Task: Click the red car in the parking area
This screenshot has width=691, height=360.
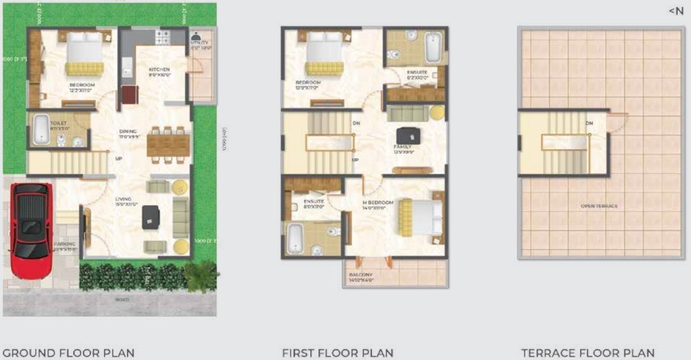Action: pos(31,230)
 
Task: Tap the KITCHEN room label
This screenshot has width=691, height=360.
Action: pos(159,70)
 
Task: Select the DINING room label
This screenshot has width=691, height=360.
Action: pos(128,132)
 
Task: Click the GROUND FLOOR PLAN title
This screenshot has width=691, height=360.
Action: pos(69,352)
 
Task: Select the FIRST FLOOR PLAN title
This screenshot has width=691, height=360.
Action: pos(338,352)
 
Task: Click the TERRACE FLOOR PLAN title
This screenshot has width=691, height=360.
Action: pos(588,352)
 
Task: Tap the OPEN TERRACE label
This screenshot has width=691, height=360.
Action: pos(599,206)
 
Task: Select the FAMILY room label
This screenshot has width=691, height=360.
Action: pos(403,147)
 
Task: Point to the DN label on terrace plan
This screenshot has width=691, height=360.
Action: pos(589,123)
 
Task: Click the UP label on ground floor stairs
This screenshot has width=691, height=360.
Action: pos(118,159)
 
